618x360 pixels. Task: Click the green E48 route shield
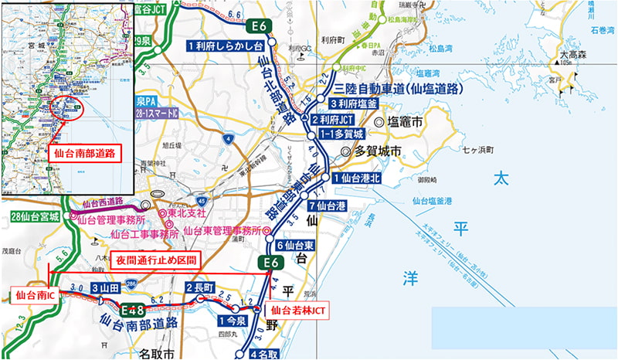coord(134,310)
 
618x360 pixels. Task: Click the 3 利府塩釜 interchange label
coord(355,104)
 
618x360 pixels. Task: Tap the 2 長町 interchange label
coord(200,287)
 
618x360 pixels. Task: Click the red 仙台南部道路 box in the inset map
coord(85,153)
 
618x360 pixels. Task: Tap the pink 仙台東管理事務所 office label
coord(221,230)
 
